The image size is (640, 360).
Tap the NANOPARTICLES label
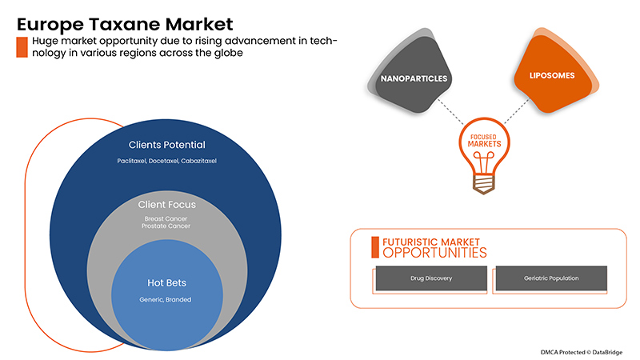(x=414, y=78)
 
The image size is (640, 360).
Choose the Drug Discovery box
(x=430, y=278)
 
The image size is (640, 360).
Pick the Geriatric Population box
(x=552, y=278)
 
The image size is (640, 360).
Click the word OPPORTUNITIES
(x=434, y=253)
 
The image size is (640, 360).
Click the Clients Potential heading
(x=167, y=145)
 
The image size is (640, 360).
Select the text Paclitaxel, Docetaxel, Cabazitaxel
(x=167, y=161)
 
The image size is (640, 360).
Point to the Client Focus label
(x=167, y=205)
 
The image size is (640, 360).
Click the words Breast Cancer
(x=166, y=218)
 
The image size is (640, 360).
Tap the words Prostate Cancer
(x=166, y=226)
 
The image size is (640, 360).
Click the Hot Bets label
(x=167, y=282)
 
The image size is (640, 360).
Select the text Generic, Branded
(x=167, y=299)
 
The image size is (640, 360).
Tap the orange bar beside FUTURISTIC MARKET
(x=375, y=247)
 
